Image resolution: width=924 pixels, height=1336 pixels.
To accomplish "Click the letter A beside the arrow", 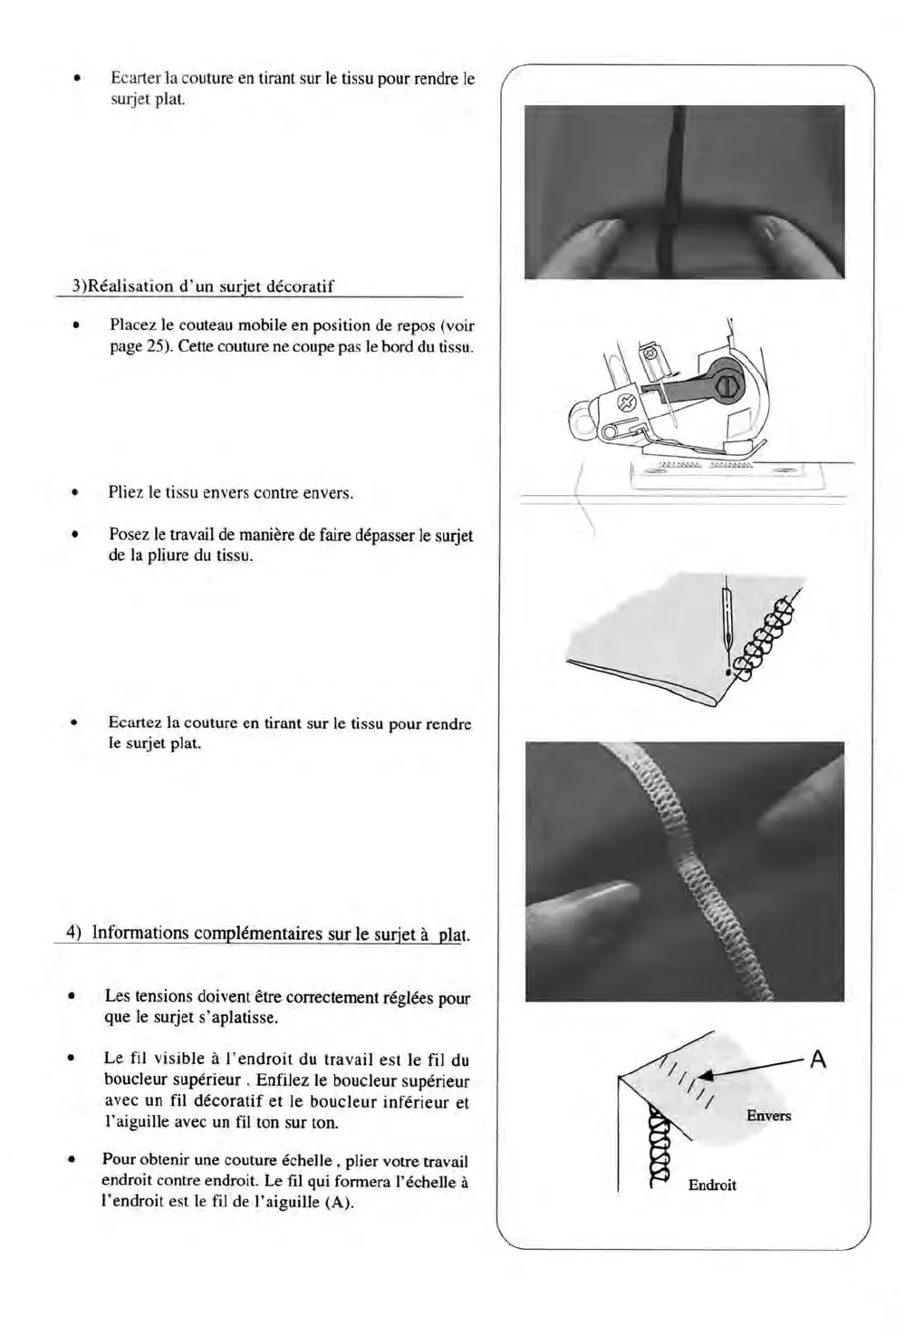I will pos(818,1059).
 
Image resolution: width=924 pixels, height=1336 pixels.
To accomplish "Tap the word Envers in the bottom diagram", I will pos(768,1116).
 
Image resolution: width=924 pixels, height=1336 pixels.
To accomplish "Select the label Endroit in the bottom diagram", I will pos(712,1185).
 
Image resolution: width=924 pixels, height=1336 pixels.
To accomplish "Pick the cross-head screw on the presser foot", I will pos(626,402).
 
